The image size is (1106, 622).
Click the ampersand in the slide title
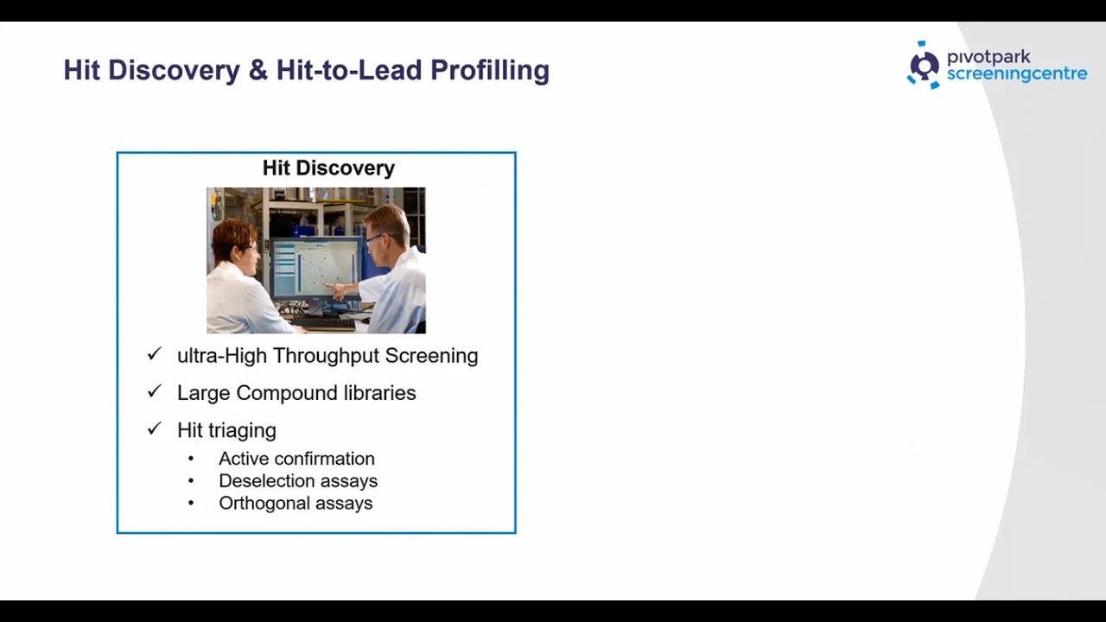tap(257, 70)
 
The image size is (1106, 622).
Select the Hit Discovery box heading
tap(328, 168)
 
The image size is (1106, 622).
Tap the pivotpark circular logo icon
tap(924, 66)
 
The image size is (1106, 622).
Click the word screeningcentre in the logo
tap(1016, 75)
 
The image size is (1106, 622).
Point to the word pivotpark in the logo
tap(988, 57)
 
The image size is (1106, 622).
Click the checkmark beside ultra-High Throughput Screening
tap(155, 354)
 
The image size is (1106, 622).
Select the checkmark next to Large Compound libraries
tap(155, 391)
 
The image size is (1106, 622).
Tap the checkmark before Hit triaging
tap(155, 428)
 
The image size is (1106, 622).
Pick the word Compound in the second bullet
tap(286, 393)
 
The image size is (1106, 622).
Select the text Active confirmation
tap(296, 459)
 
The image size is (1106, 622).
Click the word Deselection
tap(261, 481)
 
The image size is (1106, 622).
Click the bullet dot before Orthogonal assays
tap(191, 504)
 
